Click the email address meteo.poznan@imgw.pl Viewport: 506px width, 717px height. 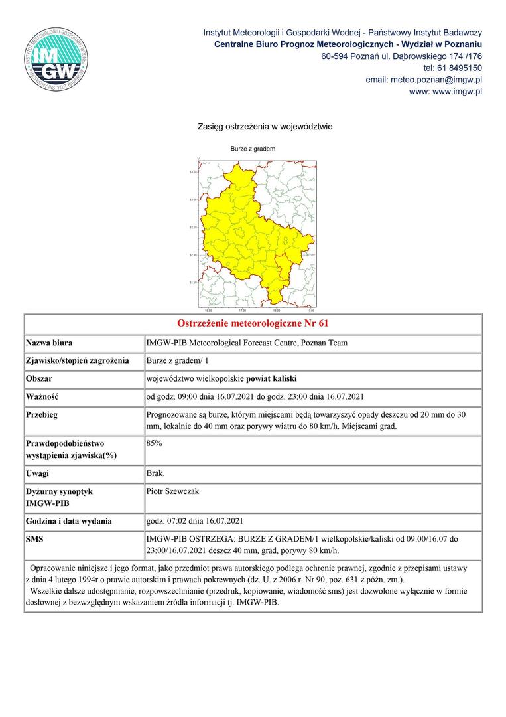click(423, 80)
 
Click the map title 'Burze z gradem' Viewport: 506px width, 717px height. click(253, 149)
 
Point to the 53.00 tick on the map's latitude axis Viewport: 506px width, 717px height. click(193, 199)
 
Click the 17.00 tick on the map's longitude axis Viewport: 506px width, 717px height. click(242, 310)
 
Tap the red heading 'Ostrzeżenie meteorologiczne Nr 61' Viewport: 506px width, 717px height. click(253, 324)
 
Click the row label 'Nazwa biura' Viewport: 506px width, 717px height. click(49, 343)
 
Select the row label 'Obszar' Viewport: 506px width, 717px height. click(39, 379)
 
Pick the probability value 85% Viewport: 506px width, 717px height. click(154, 441)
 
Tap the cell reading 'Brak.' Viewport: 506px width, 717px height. click(155, 473)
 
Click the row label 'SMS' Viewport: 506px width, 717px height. click(34, 539)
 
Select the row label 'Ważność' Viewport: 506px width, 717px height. click(42, 397)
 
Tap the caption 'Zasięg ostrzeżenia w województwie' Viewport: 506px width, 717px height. click(265, 126)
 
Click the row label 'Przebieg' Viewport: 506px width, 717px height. click(42, 415)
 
